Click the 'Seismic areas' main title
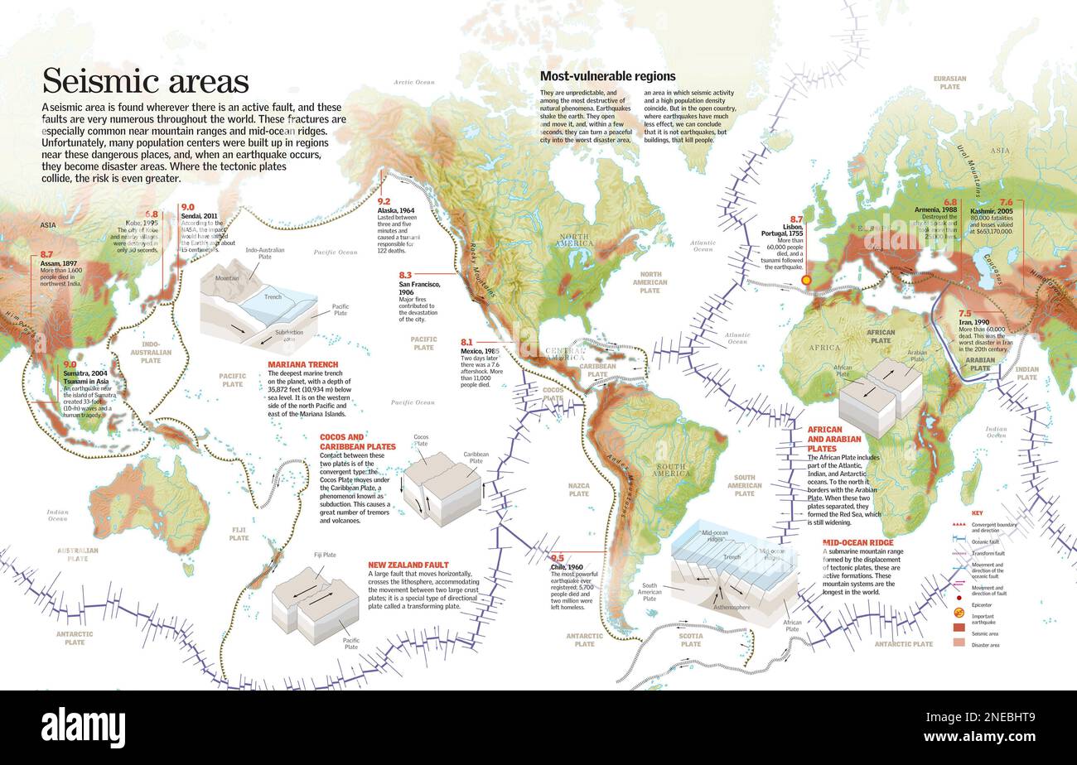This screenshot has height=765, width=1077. tap(146, 81)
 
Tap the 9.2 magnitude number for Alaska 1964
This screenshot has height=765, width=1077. tap(384, 201)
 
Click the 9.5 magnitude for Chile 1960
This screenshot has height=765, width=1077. tap(557, 559)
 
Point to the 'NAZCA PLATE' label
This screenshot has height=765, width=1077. tap(578, 489)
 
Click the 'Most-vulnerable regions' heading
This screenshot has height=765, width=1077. tap(607, 76)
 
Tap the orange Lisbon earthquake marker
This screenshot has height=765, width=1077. tap(806, 280)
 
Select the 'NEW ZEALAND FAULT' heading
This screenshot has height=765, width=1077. tap(408, 565)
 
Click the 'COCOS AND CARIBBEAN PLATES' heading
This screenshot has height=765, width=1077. tap(357, 441)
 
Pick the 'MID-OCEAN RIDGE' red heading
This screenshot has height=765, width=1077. tap(857, 542)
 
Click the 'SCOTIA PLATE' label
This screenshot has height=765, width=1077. tap(690, 639)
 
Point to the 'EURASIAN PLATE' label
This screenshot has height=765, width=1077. tap(949, 82)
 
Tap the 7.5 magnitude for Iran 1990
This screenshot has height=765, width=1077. tap(964, 314)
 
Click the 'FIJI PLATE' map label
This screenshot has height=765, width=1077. tap(239, 533)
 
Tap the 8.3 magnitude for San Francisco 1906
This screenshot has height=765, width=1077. tap(405, 275)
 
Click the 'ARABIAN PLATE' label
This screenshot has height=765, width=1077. tap(980, 363)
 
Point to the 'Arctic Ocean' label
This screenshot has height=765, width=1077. tap(413, 82)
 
